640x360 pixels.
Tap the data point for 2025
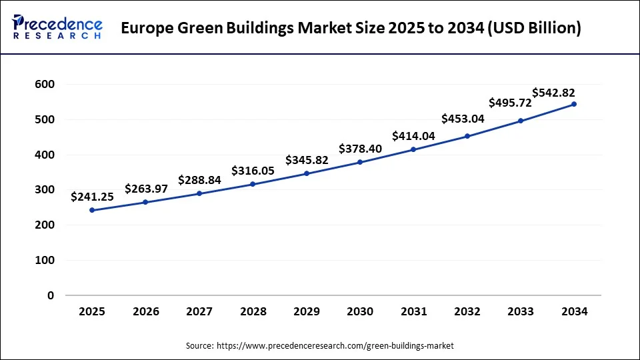click(x=92, y=210)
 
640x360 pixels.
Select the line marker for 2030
click(x=360, y=162)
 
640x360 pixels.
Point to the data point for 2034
click(x=574, y=104)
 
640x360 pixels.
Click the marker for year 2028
click(x=253, y=184)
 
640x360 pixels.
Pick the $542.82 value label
click(x=553, y=93)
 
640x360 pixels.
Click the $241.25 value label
click(x=92, y=197)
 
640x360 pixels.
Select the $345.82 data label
click(x=307, y=160)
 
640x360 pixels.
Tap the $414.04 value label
click(x=413, y=136)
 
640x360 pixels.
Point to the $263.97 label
click(x=146, y=189)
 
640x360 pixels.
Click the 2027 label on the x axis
click(x=199, y=311)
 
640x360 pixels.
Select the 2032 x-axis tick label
click(x=467, y=311)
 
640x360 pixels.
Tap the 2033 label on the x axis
click(x=521, y=311)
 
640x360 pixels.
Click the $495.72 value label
click(x=510, y=103)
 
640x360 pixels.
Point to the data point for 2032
click(x=467, y=136)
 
